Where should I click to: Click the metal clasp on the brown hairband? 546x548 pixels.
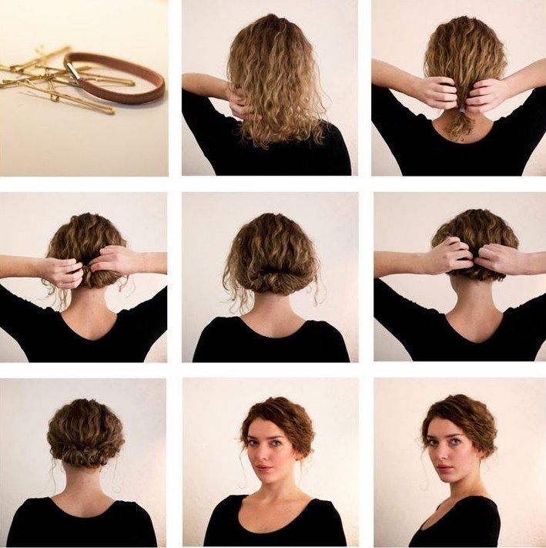coord(74,71)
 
